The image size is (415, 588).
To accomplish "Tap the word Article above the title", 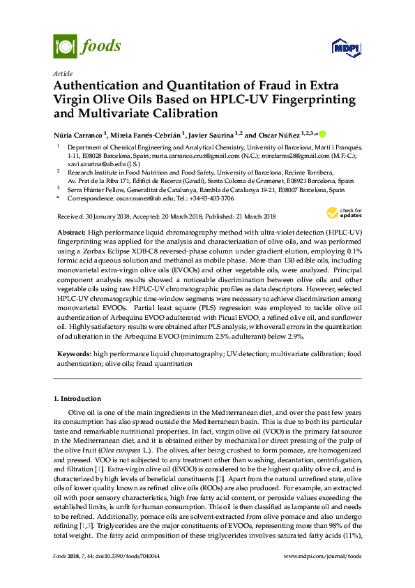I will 63,73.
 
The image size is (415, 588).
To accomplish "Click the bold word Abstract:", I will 72,231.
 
